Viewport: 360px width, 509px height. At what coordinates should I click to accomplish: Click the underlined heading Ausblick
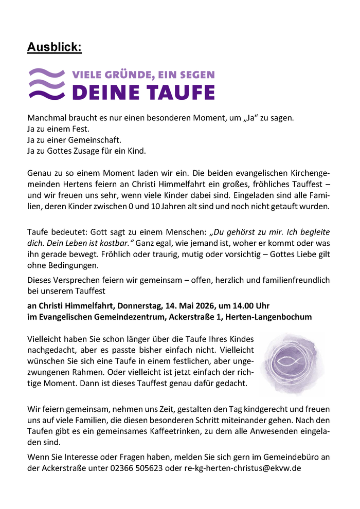54,48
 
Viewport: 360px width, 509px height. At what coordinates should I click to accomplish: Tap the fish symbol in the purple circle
291,362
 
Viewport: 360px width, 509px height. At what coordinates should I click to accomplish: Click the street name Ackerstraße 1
195,317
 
